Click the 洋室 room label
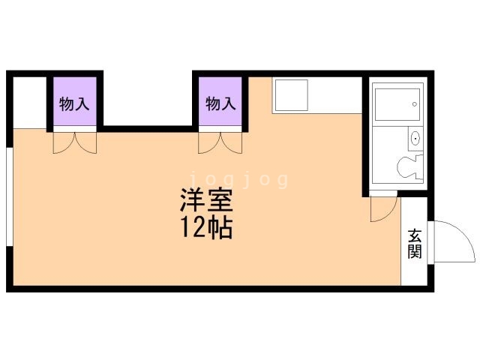click(x=206, y=200)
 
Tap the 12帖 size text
click(x=207, y=228)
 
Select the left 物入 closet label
click(x=74, y=103)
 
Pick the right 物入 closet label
click(x=220, y=103)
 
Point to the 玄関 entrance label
click(x=415, y=244)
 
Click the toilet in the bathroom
click(x=410, y=167)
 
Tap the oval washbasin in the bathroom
click(x=415, y=139)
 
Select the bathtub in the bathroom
click(x=397, y=105)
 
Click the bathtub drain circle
click(x=415, y=104)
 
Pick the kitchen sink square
click(x=291, y=95)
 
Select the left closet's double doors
click(x=75, y=142)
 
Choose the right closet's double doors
click(x=220, y=142)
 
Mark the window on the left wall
click(x=10, y=196)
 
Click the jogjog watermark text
click(x=239, y=180)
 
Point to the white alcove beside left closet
click(x=30, y=103)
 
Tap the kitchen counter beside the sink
click(x=335, y=95)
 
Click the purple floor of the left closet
click(x=75, y=101)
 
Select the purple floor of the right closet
click(x=220, y=101)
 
